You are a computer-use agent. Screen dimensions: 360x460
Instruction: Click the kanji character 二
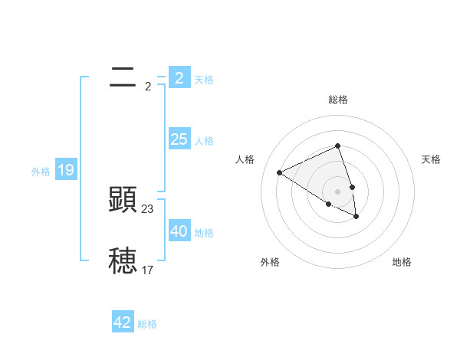[x=123, y=77]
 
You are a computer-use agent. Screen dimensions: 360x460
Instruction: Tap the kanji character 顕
[x=123, y=199]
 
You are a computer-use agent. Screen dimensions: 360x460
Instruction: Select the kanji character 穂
[x=123, y=260]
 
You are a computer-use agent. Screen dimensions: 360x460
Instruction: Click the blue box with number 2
[x=179, y=77]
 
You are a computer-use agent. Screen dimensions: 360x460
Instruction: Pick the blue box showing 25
[x=179, y=139]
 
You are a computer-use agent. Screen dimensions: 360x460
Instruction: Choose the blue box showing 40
[x=179, y=231]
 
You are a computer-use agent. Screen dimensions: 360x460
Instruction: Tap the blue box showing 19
[x=66, y=170]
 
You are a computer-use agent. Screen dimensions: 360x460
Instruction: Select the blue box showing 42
[x=123, y=322]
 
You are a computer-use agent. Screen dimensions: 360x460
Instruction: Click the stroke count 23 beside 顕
[x=148, y=208]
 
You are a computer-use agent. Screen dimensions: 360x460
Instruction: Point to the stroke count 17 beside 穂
[x=148, y=270]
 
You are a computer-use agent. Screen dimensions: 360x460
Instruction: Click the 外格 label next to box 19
[x=41, y=172]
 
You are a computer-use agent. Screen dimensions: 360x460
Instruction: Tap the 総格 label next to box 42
[x=147, y=324]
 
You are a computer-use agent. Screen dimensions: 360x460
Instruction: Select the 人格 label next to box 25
[x=204, y=141]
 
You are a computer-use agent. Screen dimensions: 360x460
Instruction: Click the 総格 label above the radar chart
[x=338, y=100]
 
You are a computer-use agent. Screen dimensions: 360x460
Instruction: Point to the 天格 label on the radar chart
[x=431, y=159]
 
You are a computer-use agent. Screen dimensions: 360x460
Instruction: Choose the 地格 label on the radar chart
[x=402, y=262]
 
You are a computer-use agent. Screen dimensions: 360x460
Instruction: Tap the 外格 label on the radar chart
[x=270, y=262]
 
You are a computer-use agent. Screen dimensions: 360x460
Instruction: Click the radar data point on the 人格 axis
[x=280, y=172]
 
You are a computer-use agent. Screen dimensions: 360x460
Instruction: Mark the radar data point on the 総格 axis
[x=337, y=146]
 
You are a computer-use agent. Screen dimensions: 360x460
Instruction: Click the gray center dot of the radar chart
[x=337, y=191]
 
